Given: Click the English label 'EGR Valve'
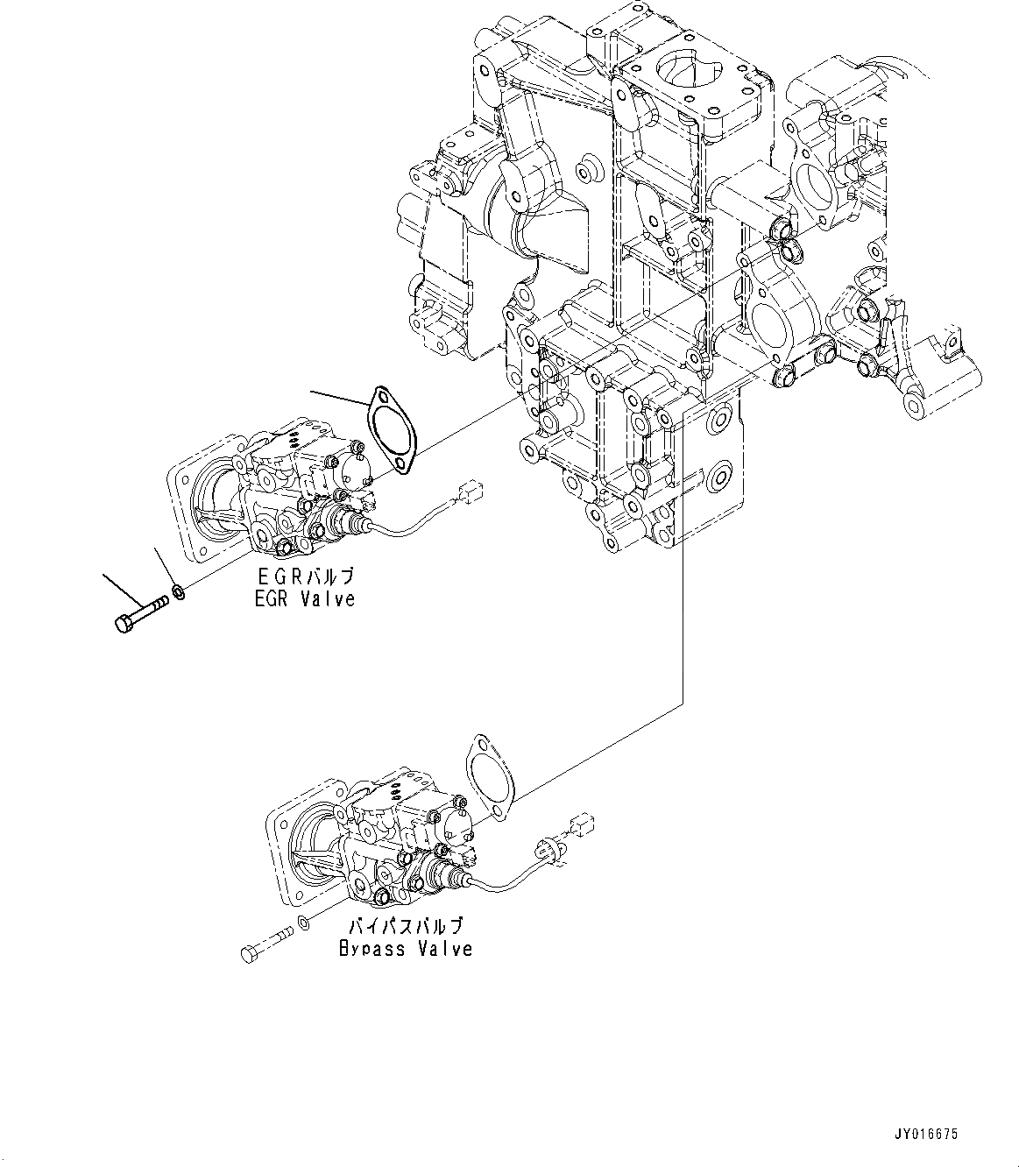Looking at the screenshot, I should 306,599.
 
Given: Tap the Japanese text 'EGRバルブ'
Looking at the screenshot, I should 306,576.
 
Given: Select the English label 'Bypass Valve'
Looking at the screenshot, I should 406,948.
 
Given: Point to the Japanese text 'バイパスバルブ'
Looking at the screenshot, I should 406,926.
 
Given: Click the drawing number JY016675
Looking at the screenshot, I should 928,1134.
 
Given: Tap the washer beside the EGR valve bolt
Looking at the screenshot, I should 178,592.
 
